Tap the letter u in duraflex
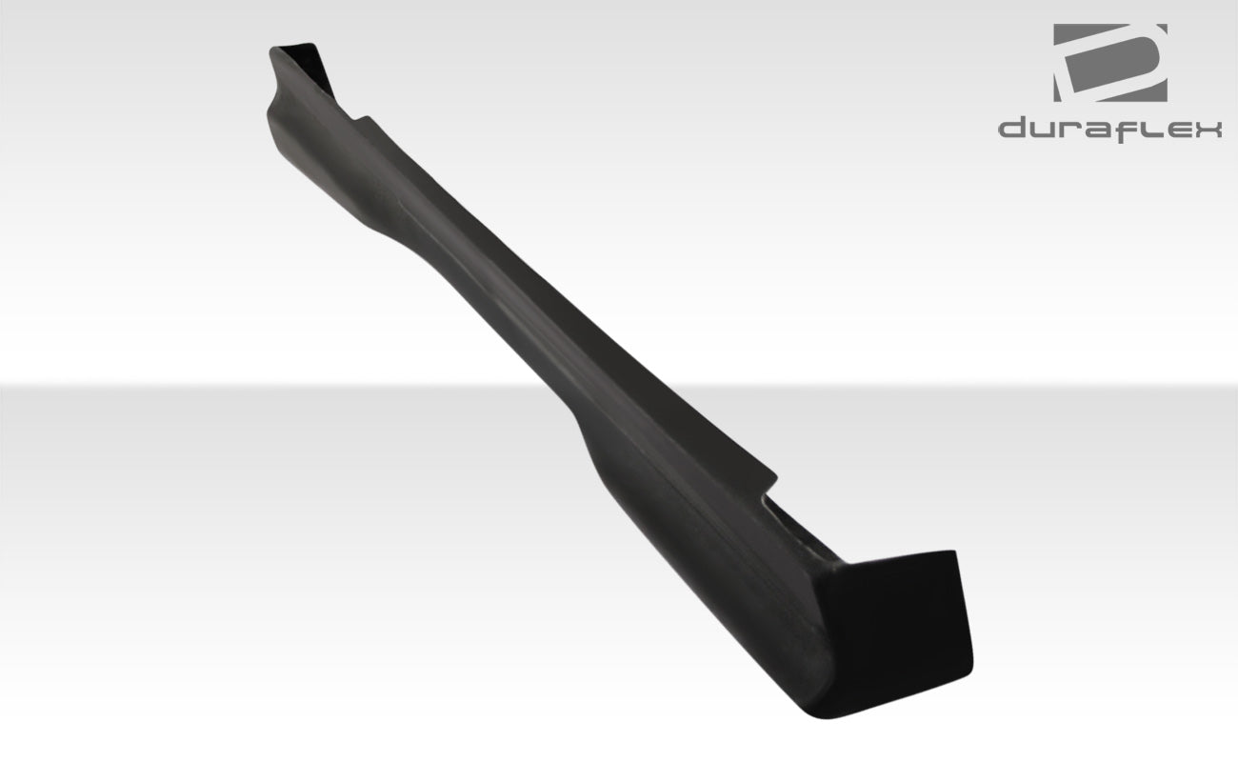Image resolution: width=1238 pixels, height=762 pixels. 1046,130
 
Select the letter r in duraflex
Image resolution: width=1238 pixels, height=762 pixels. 1074,130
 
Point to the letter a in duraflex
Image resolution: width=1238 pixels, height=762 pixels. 1102,130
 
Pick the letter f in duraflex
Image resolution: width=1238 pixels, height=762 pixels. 1131,128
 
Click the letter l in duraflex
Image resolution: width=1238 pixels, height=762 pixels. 1150,127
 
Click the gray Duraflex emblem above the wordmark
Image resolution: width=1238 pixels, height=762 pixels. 1109,63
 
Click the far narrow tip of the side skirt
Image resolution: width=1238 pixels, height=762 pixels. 286,52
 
